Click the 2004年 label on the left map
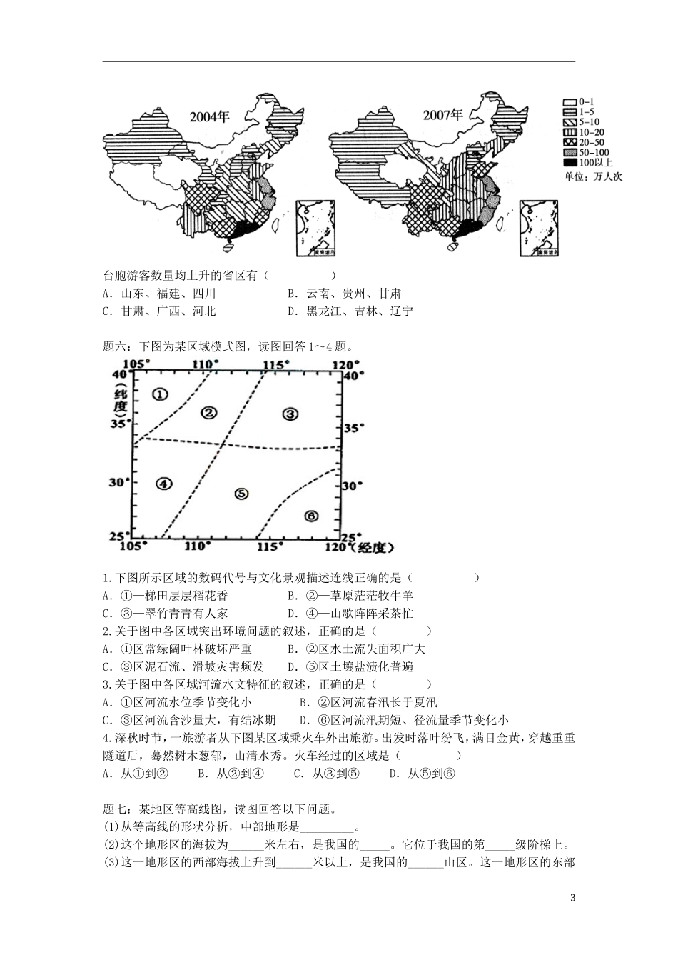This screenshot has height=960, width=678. tap(210, 117)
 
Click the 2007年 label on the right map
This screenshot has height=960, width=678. tap(442, 116)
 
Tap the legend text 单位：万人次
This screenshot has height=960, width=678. tap(592, 176)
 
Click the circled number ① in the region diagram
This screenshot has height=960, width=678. tap(160, 394)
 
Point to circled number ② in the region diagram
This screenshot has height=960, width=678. tap(208, 412)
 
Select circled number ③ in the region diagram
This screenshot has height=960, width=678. tap(289, 414)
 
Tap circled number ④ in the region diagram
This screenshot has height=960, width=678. tap(163, 484)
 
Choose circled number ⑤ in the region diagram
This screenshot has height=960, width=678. tap(241, 494)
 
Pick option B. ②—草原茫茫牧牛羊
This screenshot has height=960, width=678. tap(350, 595)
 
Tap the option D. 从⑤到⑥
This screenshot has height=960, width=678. tap(422, 773)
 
